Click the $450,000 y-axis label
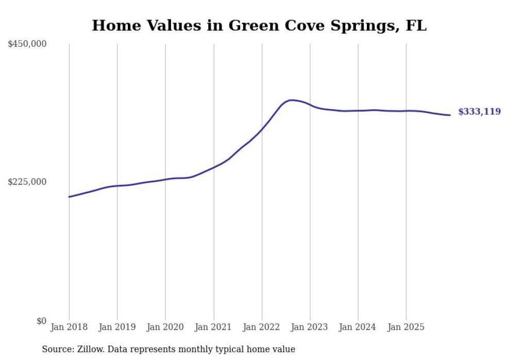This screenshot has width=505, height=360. pos(27,44)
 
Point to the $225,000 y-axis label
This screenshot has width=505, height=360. pos(27,182)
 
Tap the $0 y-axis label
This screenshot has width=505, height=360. pos(41,321)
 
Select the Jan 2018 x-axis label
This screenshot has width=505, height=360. pos(69,327)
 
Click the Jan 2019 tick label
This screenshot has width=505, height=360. pos(117,327)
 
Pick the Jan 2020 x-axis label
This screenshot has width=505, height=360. pos(165,327)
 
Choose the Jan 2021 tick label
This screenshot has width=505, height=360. pos(213,327)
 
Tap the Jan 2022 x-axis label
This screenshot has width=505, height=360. pos(262,327)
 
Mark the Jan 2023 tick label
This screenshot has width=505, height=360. pos(310,327)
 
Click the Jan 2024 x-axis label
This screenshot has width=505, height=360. pos(358,327)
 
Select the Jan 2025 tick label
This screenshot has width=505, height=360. pos(406,327)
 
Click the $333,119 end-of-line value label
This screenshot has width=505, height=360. pos(479,112)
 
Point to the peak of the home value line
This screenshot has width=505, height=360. pos(292,100)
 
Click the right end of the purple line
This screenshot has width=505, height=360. pos(450,115)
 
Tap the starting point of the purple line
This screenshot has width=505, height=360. pos(69,197)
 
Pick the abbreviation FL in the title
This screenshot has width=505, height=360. pos(416,25)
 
